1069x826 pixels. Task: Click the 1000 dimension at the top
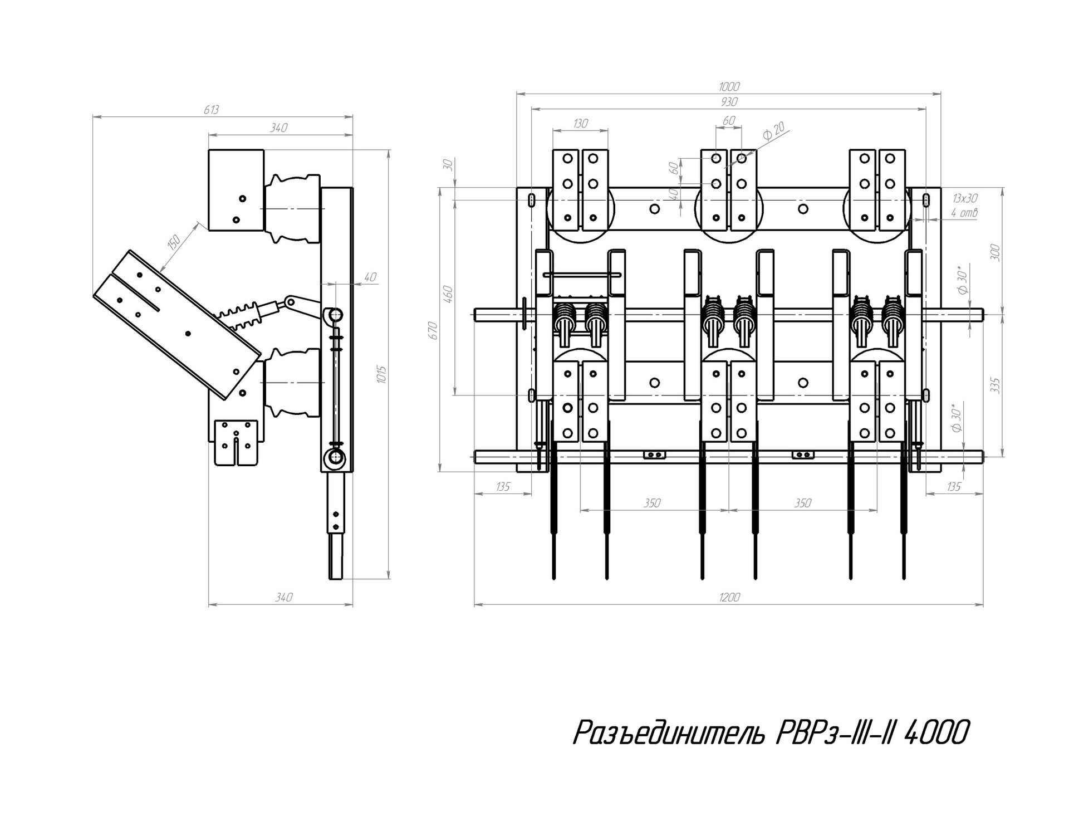pyautogui.click(x=729, y=86)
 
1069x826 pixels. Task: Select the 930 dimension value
pyautogui.click(x=729, y=102)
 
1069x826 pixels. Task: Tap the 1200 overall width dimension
pyautogui.click(x=729, y=598)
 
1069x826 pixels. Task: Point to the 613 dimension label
pyautogui.click(x=211, y=110)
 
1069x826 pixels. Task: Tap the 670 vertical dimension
pyautogui.click(x=434, y=330)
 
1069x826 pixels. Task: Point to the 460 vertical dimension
pyautogui.click(x=449, y=294)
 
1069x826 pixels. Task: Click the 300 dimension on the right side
pyautogui.click(x=996, y=252)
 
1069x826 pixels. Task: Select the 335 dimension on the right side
pyautogui.click(x=996, y=385)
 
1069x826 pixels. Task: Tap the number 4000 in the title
pyautogui.click(x=935, y=733)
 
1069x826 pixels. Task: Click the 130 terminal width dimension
pyautogui.click(x=580, y=123)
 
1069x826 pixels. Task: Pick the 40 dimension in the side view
pyautogui.click(x=370, y=277)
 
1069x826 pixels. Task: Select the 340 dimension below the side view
pyautogui.click(x=283, y=598)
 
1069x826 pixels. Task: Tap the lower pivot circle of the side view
pyautogui.click(x=335, y=458)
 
